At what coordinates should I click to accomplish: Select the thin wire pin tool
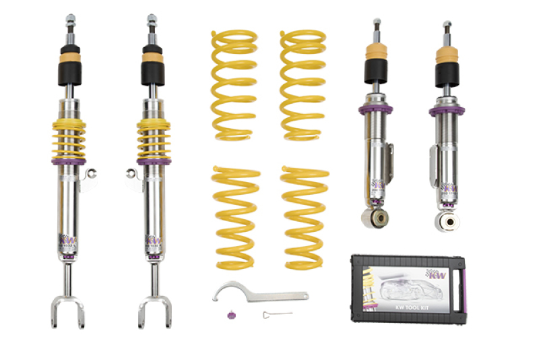pyautogui.click(x=277, y=314)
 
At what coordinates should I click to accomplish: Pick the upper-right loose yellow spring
pyautogui.click(x=303, y=84)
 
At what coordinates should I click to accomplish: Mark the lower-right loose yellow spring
pyautogui.click(x=305, y=216)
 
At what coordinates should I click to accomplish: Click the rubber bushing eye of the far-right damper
pyautogui.click(x=445, y=220)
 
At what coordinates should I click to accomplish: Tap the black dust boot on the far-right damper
pyautogui.click(x=446, y=75)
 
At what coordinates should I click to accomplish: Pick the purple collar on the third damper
pyautogui.click(x=375, y=109)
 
